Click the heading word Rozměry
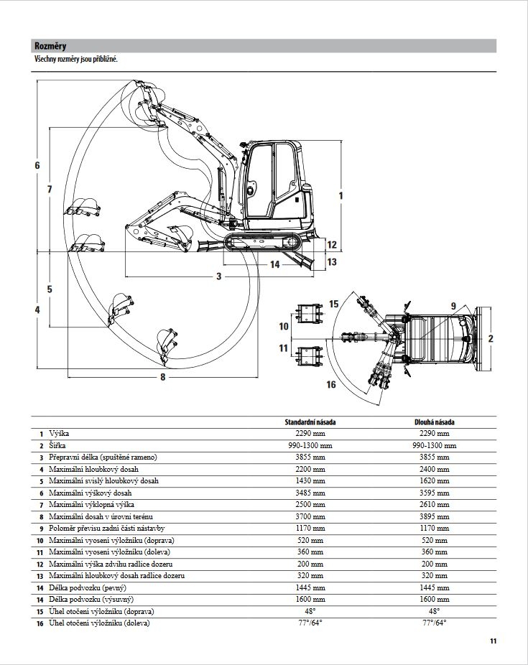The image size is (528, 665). tap(50, 47)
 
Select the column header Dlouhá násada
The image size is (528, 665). tap(433, 422)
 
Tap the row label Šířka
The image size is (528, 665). tap(58, 445)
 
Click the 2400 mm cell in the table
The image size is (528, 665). tap(433, 469)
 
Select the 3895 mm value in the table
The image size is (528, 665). tap(433, 516)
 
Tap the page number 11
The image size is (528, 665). tap(493, 641)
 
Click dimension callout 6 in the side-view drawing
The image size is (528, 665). tap(37, 166)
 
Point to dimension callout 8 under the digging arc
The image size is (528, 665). tap(162, 377)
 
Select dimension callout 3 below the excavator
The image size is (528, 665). tap(218, 276)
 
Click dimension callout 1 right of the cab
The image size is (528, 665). tap(341, 195)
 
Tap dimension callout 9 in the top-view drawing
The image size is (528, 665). tap(453, 306)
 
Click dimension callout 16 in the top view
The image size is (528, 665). tap(331, 385)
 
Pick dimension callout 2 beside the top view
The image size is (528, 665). tap(490, 338)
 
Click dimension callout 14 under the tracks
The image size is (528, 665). tap(275, 264)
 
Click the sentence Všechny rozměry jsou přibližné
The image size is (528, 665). tap(75, 59)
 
